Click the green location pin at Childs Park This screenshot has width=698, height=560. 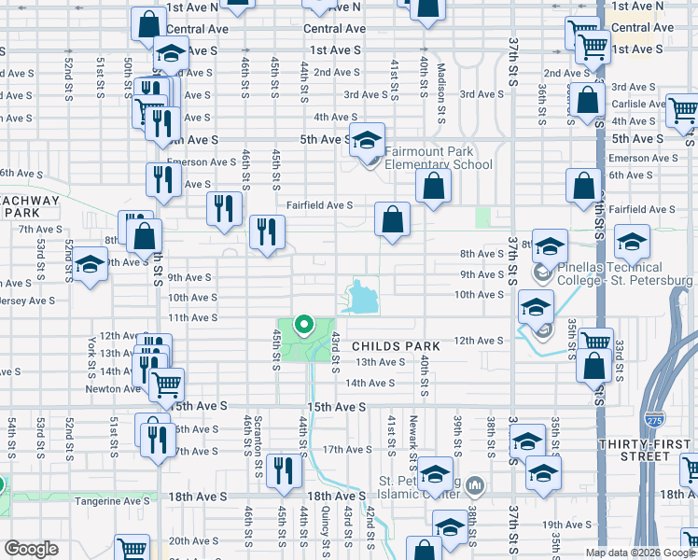[x=303, y=326]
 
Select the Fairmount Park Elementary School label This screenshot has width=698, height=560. [x=429, y=158]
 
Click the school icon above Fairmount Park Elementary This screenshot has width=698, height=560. [x=368, y=140]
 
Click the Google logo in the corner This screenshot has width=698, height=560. [x=32, y=549]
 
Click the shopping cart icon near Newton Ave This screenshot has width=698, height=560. [x=166, y=383]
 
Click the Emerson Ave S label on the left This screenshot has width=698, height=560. [x=202, y=161]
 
